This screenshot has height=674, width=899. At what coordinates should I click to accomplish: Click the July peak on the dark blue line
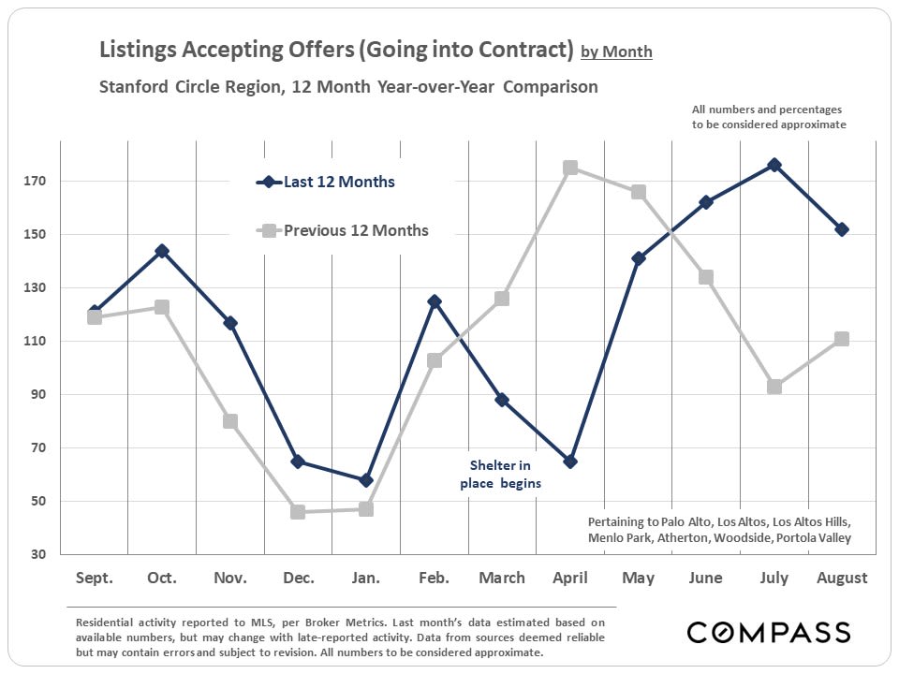pos(774,165)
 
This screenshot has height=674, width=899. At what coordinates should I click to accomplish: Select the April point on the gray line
pos(570,168)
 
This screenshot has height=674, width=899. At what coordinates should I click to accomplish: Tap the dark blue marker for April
pos(570,462)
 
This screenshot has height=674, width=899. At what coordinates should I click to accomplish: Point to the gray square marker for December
pos(298,512)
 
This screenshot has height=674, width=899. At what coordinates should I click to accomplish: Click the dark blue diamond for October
pos(162,251)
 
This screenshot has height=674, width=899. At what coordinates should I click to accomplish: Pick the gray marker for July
pos(774,387)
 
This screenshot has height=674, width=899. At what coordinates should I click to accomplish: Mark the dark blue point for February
pos(435,301)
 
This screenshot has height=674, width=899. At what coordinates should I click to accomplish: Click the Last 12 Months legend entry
pos(338,183)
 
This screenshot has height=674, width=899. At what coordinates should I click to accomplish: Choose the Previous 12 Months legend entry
pos(355,230)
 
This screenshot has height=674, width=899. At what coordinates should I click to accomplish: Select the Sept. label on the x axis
pos(94,579)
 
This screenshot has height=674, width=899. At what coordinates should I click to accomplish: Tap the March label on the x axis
pos(502,579)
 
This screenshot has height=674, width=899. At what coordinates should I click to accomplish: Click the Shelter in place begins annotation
pos(500,475)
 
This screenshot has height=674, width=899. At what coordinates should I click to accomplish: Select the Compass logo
pos(769,632)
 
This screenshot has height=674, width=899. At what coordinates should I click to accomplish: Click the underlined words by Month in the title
pos(616,52)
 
